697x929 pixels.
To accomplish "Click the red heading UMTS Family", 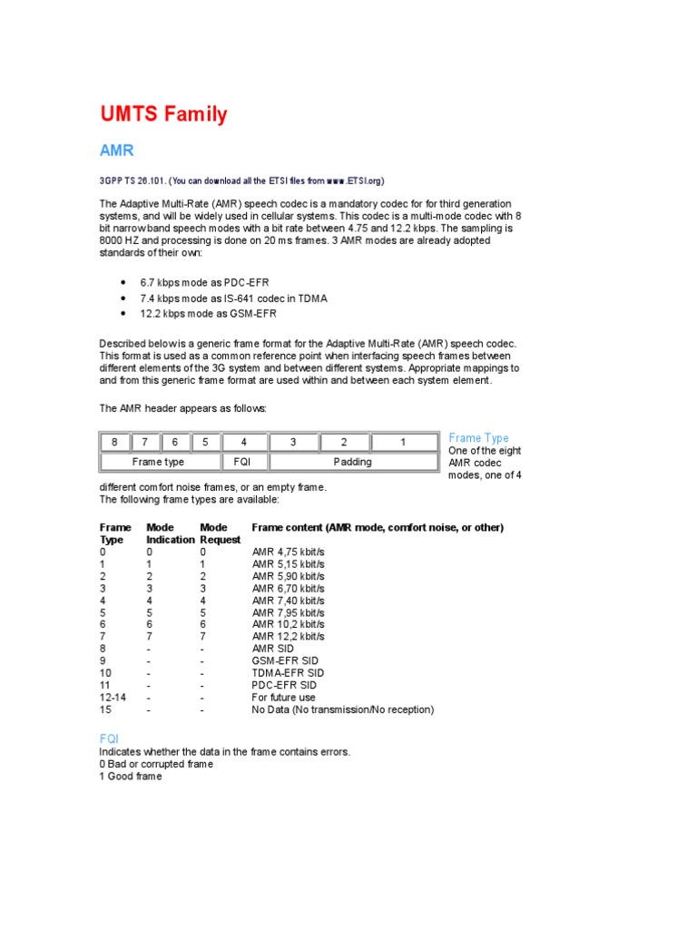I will [x=163, y=114].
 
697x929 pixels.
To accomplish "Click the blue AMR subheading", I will [x=116, y=151].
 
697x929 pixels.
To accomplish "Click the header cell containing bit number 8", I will [x=115, y=442].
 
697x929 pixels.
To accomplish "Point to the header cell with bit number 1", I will [x=401, y=442].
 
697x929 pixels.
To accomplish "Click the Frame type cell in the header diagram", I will [x=158, y=462].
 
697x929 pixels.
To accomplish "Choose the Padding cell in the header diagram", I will [x=352, y=462].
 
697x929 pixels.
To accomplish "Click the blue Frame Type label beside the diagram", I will [x=478, y=438].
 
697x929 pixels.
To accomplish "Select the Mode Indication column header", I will [x=170, y=533].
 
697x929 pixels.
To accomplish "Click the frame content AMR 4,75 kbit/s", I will [x=288, y=552].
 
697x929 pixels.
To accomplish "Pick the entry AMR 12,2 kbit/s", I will [x=288, y=637].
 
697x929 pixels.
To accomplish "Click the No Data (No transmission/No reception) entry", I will [x=342, y=709].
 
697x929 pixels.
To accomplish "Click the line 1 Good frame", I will [x=131, y=777].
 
